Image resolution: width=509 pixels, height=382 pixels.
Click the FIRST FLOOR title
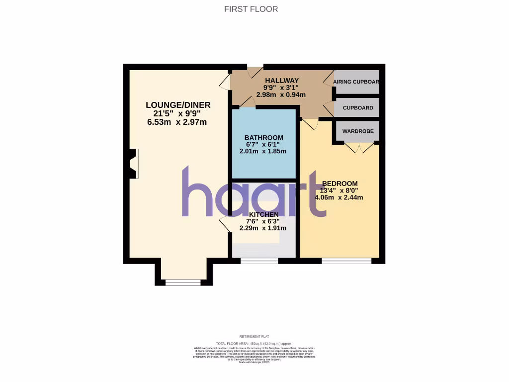point(251,9)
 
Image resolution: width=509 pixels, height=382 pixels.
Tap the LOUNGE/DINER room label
point(178,105)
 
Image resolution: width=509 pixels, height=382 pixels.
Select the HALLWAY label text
point(281,81)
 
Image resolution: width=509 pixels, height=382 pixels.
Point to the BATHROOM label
point(263,138)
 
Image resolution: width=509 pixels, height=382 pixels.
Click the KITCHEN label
point(263,214)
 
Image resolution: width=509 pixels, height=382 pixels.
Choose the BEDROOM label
point(339,184)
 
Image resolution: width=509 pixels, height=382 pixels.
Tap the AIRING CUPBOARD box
point(356,82)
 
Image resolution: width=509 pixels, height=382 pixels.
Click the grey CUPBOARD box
point(357,107)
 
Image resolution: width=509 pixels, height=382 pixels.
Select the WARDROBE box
point(357,131)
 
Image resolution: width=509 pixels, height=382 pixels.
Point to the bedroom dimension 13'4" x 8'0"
point(339,190)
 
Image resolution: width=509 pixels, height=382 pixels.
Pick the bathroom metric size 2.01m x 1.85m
point(263,151)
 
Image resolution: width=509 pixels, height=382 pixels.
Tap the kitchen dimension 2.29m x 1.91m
point(263,228)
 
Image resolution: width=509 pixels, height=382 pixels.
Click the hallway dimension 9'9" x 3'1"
point(281,88)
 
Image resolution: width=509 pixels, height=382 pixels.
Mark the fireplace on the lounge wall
point(133,164)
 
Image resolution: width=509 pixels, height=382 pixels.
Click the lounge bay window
point(183,283)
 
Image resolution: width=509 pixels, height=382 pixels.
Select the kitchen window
point(259,261)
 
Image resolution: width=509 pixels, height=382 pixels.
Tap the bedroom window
point(346,261)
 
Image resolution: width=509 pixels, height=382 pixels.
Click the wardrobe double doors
point(359,147)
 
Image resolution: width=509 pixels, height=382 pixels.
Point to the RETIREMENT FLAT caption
point(254,337)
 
